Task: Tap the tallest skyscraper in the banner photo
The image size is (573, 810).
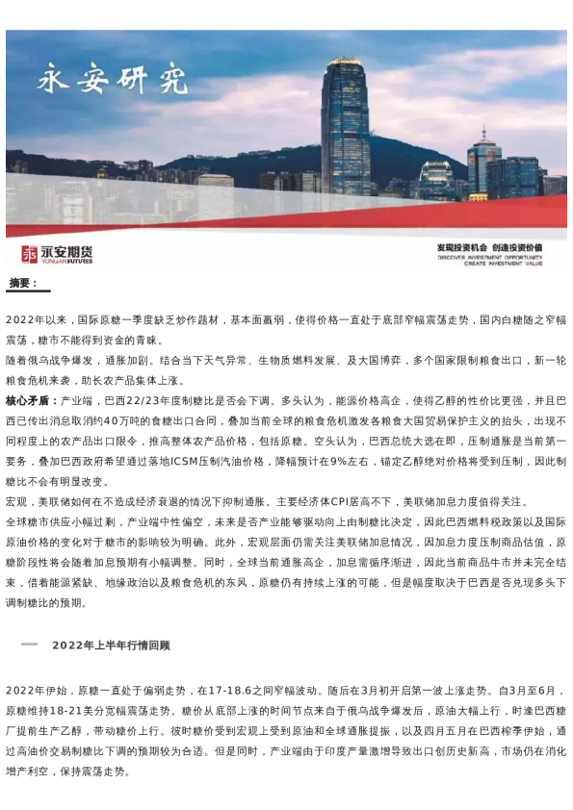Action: coord(345,125)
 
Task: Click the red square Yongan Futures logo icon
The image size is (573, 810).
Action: coord(29,254)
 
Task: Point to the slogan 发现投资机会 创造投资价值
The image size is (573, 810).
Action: coord(489,248)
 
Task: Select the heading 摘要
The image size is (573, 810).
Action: coord(23,283)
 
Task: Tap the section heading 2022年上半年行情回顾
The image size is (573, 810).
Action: coord(111,645)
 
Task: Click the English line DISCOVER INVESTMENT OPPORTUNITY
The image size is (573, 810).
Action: coord(489,257)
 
